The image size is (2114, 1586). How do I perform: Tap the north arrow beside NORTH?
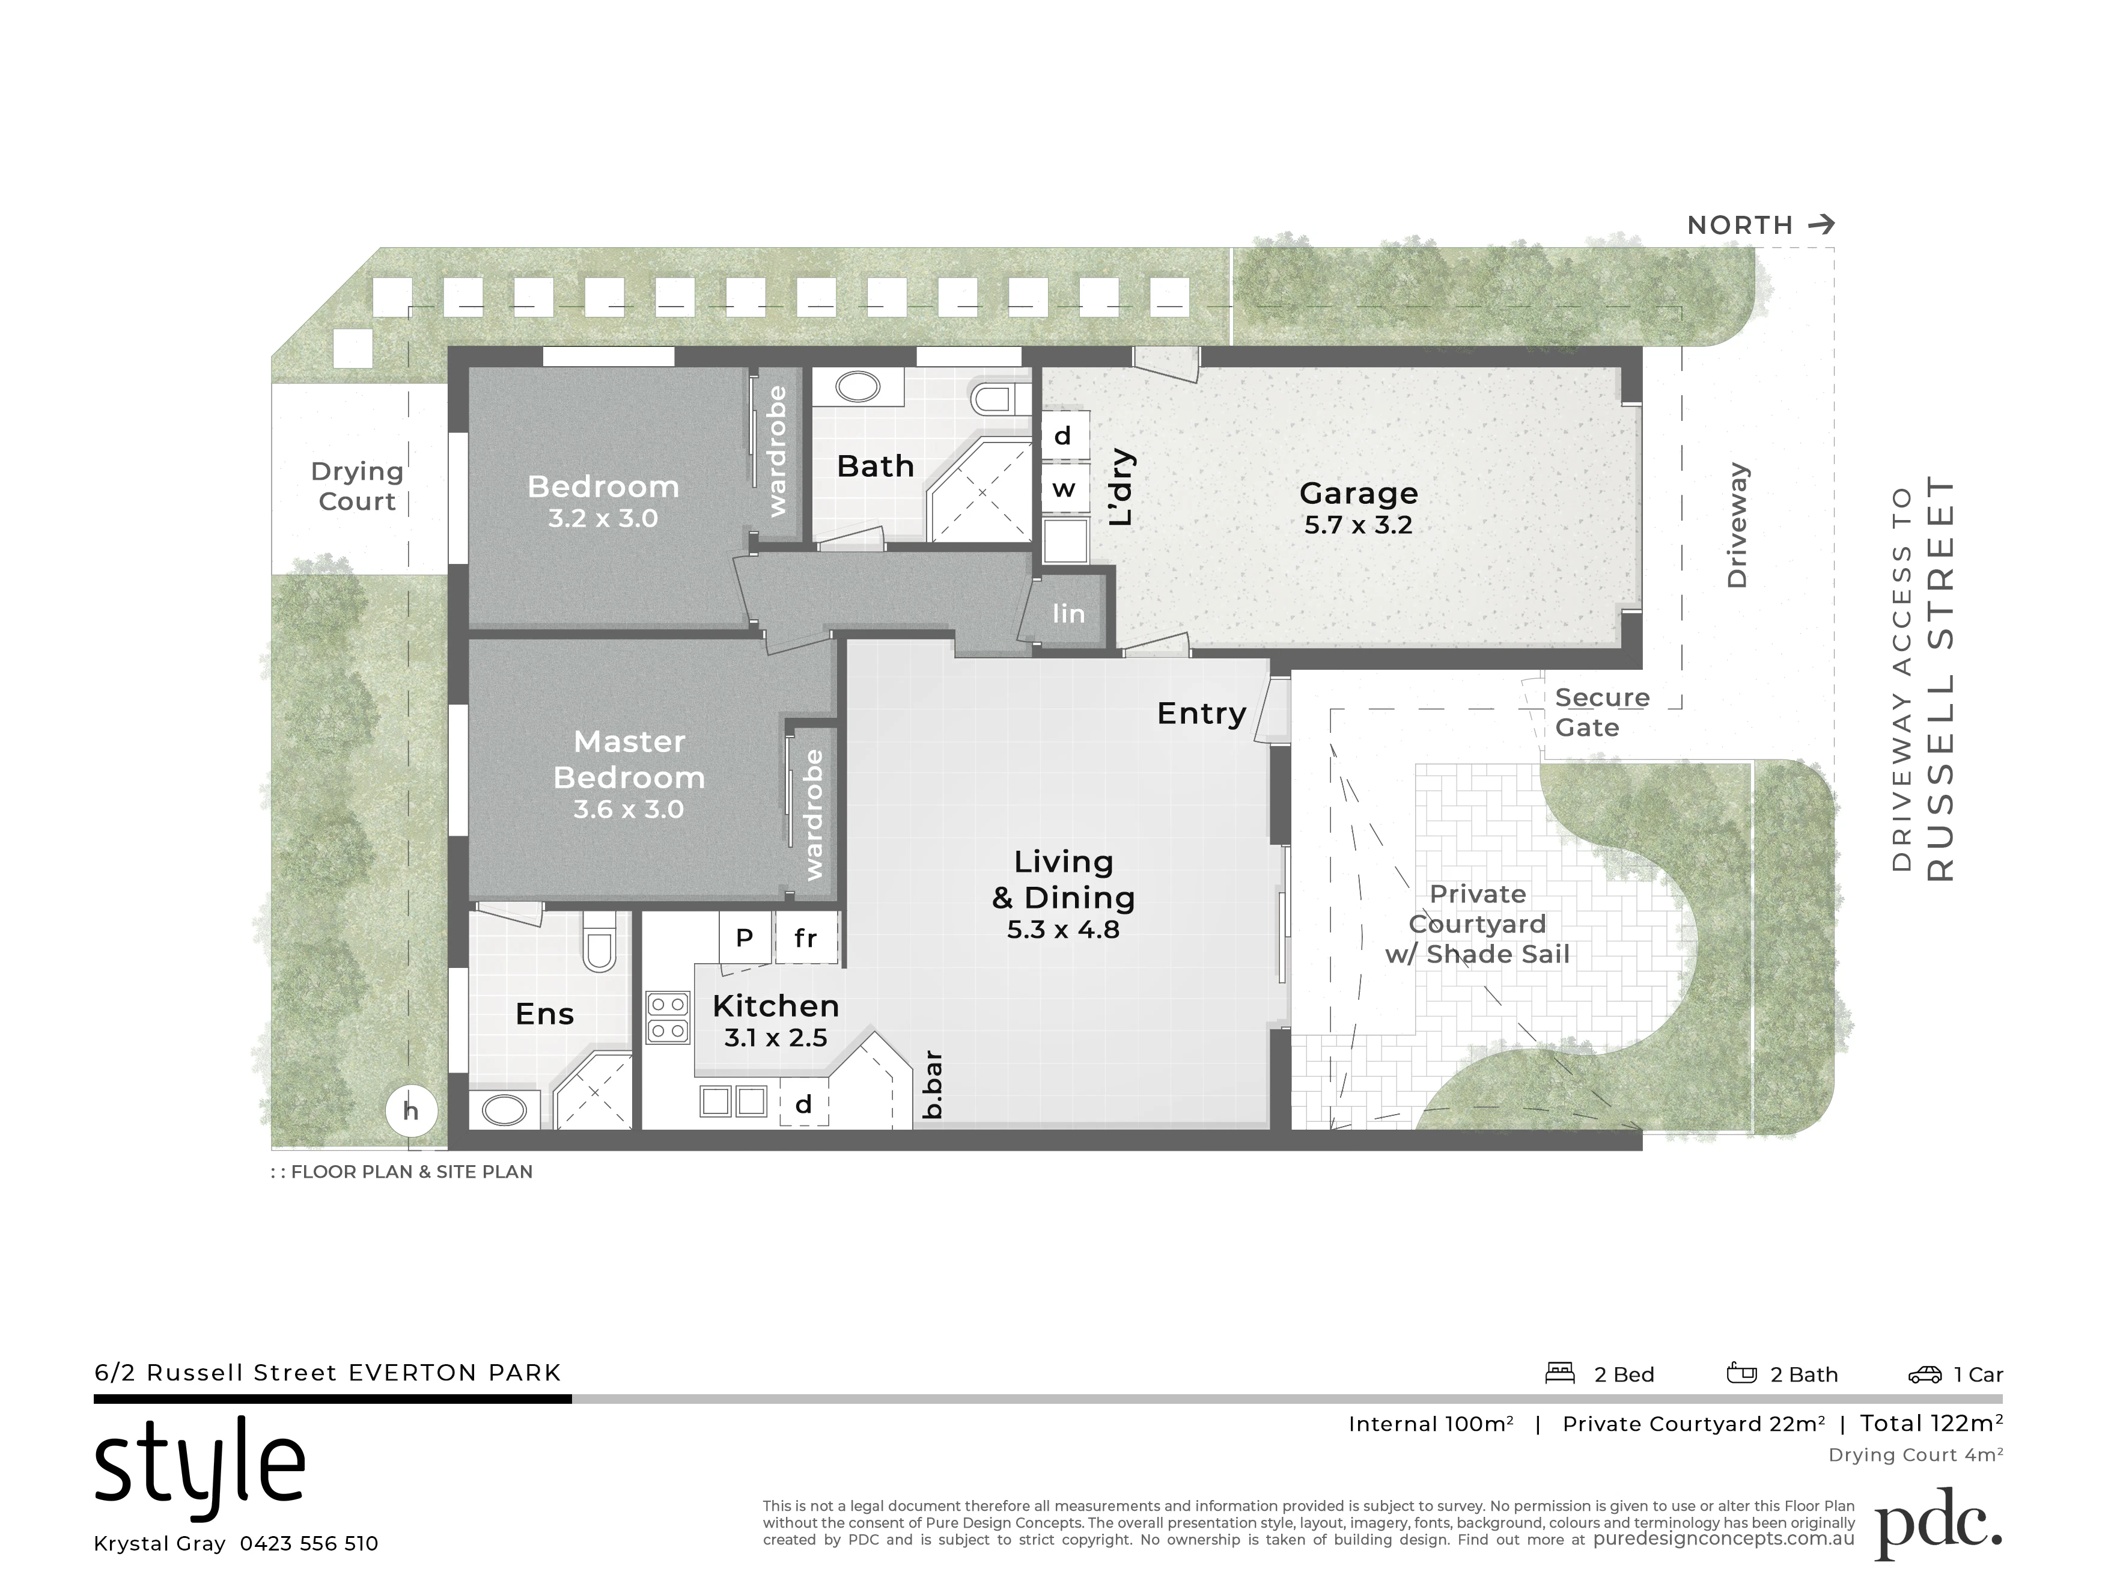click(1821, 225)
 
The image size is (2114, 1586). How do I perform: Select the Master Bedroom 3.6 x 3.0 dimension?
click(629, 810)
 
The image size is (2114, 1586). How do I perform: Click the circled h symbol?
click(411, 1111)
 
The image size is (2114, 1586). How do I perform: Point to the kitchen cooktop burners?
click(668, 1018)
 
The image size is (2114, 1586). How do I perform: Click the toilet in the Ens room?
click(599, 941)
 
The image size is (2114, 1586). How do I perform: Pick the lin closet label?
click(1068, 614)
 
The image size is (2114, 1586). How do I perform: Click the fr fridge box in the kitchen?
click(806, 938)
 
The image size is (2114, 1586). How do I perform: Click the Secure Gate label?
click(1602, 712)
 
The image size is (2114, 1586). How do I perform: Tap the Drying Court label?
click(358, 486)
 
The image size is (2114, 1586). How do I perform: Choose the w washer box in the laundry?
click(1064, 489)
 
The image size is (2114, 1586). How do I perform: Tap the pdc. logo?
click(1938, 1524)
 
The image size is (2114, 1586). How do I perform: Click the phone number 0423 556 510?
click(309, 1544)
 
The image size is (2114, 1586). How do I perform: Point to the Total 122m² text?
click(1931, 1424)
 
